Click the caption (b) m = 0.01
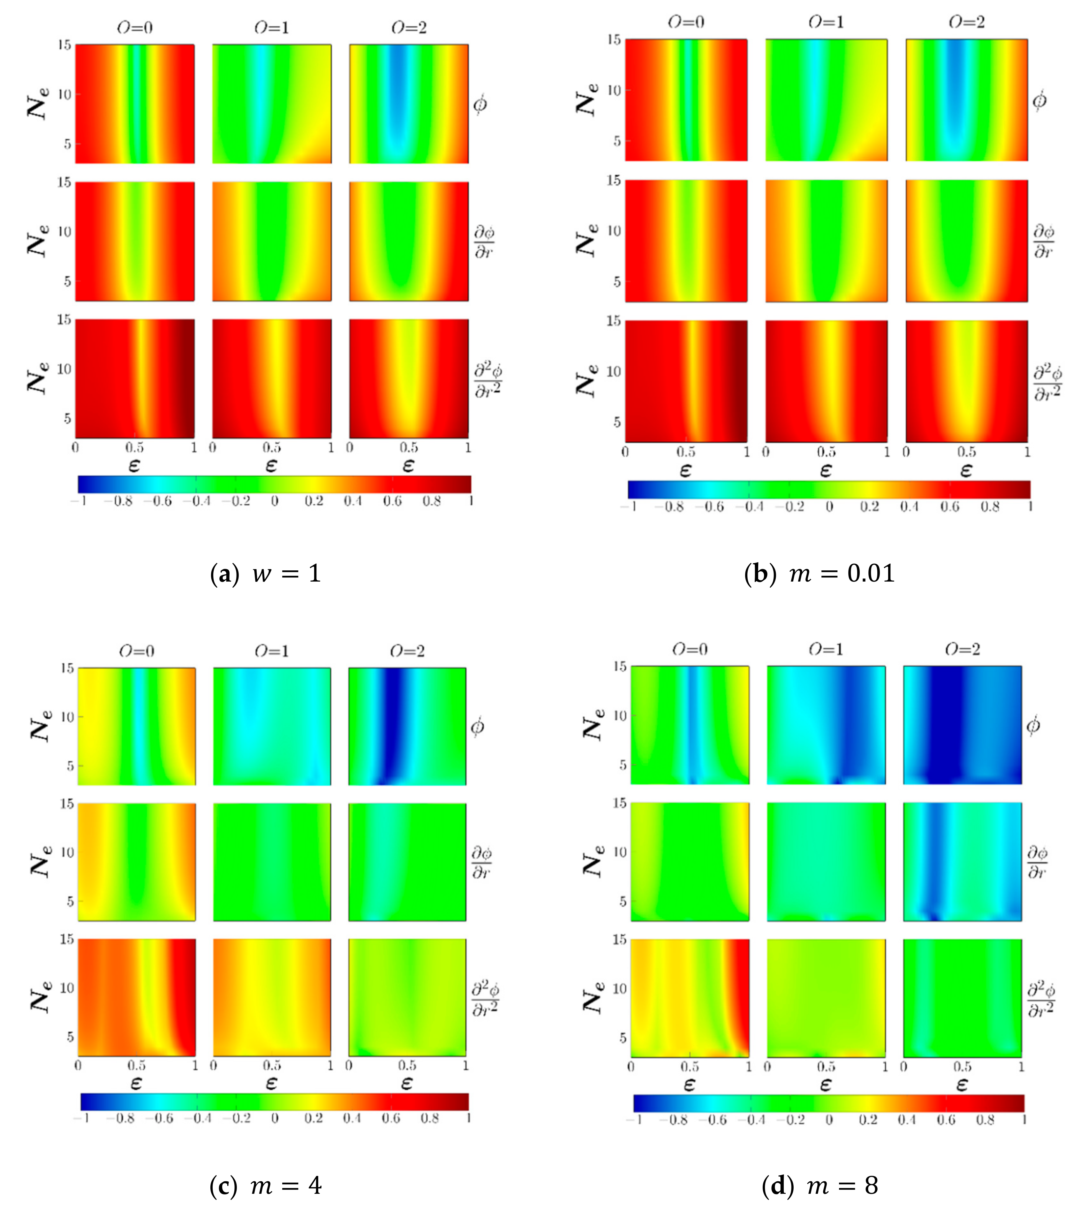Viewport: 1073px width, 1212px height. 819,573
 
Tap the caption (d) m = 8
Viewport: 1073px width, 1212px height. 819,1185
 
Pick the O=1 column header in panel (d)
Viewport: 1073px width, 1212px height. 826,649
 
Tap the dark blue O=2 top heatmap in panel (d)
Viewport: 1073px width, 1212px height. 962,725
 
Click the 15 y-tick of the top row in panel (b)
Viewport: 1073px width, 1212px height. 614,40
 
